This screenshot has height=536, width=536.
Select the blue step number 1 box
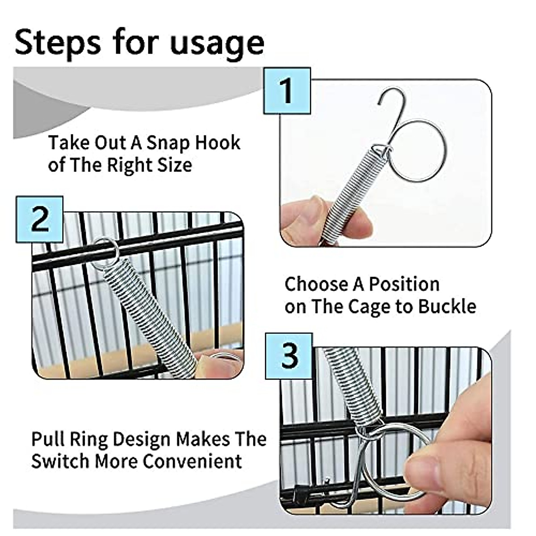pos(286,91)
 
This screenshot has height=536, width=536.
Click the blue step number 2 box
pos(39,219)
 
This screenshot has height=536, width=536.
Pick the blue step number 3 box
pos(289,356)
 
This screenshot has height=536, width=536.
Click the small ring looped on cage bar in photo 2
pos(105,253)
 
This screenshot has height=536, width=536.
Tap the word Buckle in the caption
pos(447,306)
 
